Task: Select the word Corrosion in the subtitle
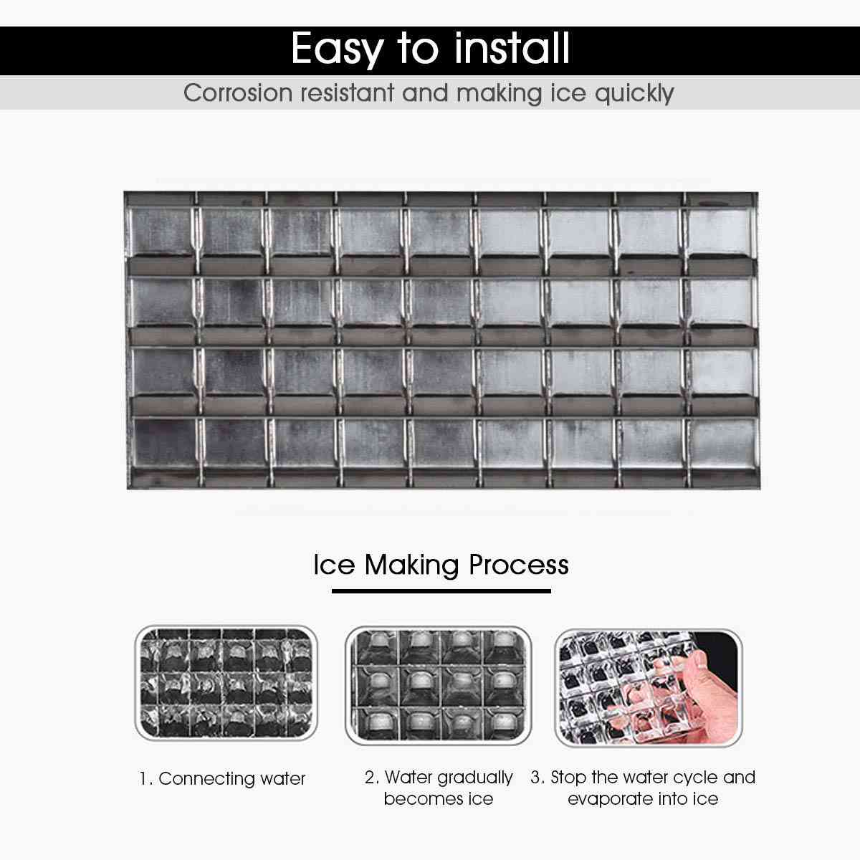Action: tap(238, 93)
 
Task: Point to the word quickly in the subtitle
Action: tap(634, 94)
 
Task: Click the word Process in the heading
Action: tap(518, 565)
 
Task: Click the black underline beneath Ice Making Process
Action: tap(441, 591)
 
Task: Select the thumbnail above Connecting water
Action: tap(226, 684)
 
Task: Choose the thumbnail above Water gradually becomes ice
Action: tap(438, 685)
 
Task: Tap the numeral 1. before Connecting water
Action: tap(145, 779)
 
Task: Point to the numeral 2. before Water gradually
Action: tap(371, 778)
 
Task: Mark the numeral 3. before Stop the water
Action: tap(537, 778)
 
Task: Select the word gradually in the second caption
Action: tap(474, 778)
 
